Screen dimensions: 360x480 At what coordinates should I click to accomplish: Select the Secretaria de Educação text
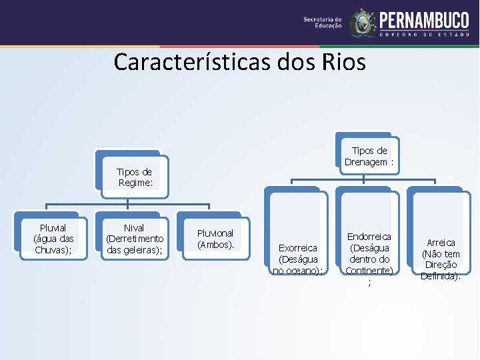323,23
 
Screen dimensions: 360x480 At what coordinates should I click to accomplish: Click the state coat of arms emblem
363,23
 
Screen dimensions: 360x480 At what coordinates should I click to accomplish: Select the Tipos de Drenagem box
369,156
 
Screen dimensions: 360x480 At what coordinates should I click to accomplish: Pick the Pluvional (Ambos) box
215,239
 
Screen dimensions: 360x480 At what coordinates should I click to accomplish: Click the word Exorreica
298,247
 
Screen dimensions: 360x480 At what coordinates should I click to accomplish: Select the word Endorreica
369,237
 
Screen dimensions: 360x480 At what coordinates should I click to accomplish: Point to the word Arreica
441,243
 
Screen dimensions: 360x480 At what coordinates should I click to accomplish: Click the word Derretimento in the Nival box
134,239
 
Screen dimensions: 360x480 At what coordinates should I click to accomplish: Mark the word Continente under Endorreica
369,270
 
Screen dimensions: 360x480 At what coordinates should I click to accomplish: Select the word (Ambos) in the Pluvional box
215,245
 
